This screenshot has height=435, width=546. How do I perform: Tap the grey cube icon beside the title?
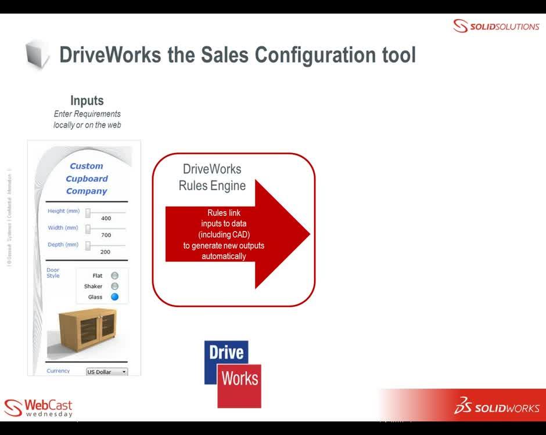point(38,55)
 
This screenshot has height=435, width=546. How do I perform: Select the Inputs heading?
point(87,101)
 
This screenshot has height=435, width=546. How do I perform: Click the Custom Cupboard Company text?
point(87,179)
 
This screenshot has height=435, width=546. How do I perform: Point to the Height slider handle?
point(88,212)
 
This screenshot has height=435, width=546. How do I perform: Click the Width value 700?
point(106,235)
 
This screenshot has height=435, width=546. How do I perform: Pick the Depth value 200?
point(105,252)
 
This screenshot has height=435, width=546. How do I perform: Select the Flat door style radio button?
point(114,275)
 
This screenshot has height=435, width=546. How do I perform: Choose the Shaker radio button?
point(114,287)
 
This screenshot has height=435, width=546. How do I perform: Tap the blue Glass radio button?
point(114,297)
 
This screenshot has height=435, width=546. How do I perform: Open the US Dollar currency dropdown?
point(107,372)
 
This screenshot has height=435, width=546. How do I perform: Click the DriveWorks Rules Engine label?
point(212,177)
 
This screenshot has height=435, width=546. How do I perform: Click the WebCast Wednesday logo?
point(38,407)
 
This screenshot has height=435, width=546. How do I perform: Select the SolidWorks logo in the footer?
point(497,407)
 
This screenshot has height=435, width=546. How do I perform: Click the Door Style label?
point(53,273)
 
